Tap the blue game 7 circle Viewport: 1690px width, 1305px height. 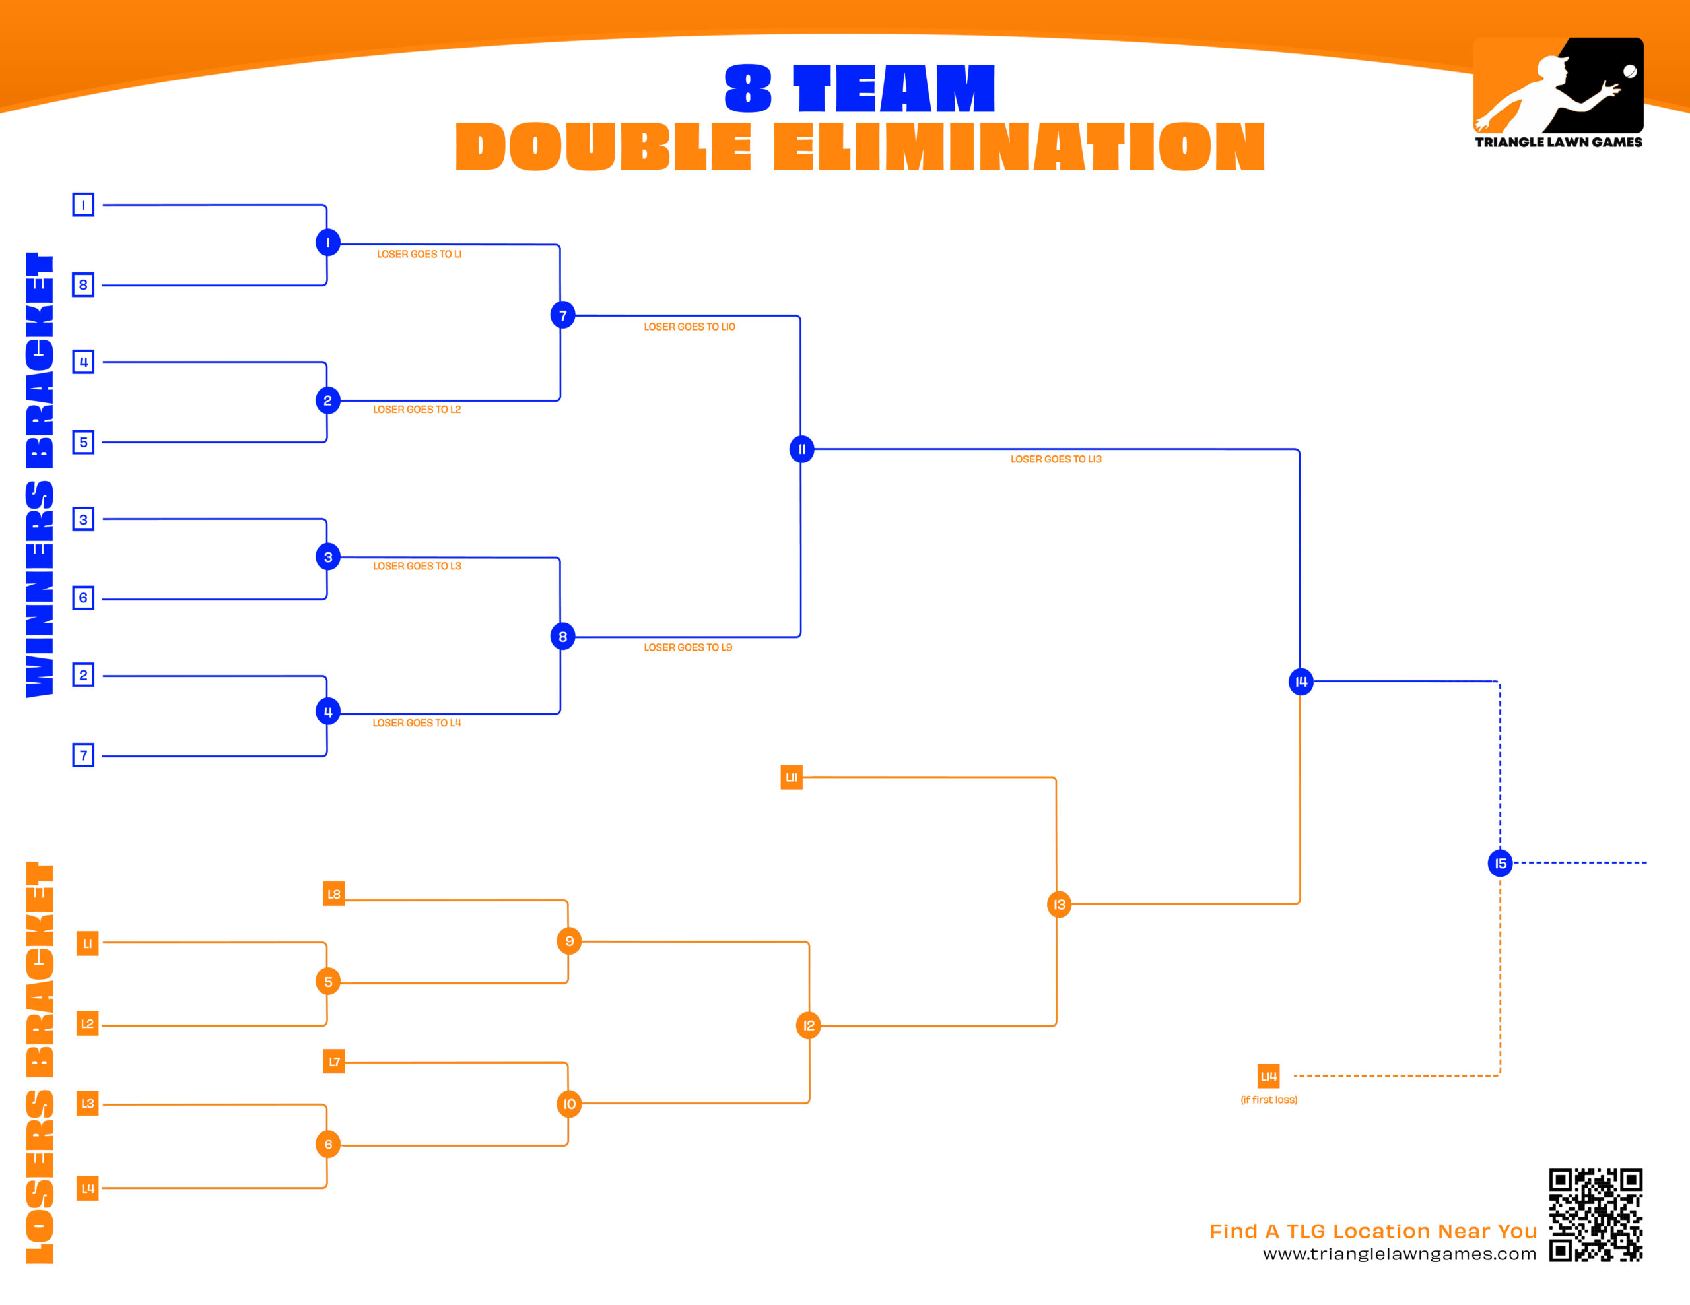[x=562, y=315]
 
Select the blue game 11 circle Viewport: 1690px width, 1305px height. [x=801, y=449]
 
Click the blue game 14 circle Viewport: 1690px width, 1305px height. [x=1301, y=682]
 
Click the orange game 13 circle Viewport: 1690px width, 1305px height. [x=1059, y=905]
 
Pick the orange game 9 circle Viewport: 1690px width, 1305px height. [x=569, y=941]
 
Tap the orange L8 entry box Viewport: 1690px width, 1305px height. [x=333, y=893]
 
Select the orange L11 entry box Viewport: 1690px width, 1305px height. [x=791, y=777]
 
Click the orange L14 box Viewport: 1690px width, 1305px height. [x=1268, y=1076]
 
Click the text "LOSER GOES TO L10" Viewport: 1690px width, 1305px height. [x=689, y=327]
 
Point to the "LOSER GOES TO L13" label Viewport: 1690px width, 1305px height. [x=1056, y=459]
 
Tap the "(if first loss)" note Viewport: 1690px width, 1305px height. [x=1268, y=1100]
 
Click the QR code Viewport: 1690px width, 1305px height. [x=1595, y=1215]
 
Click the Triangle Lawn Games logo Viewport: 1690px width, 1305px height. [x=1558, y=93]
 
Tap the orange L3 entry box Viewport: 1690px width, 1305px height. [x=87, y=1103]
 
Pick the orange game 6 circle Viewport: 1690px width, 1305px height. [x=328, y=1144]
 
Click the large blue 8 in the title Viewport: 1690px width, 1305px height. [x=747, y=88]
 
